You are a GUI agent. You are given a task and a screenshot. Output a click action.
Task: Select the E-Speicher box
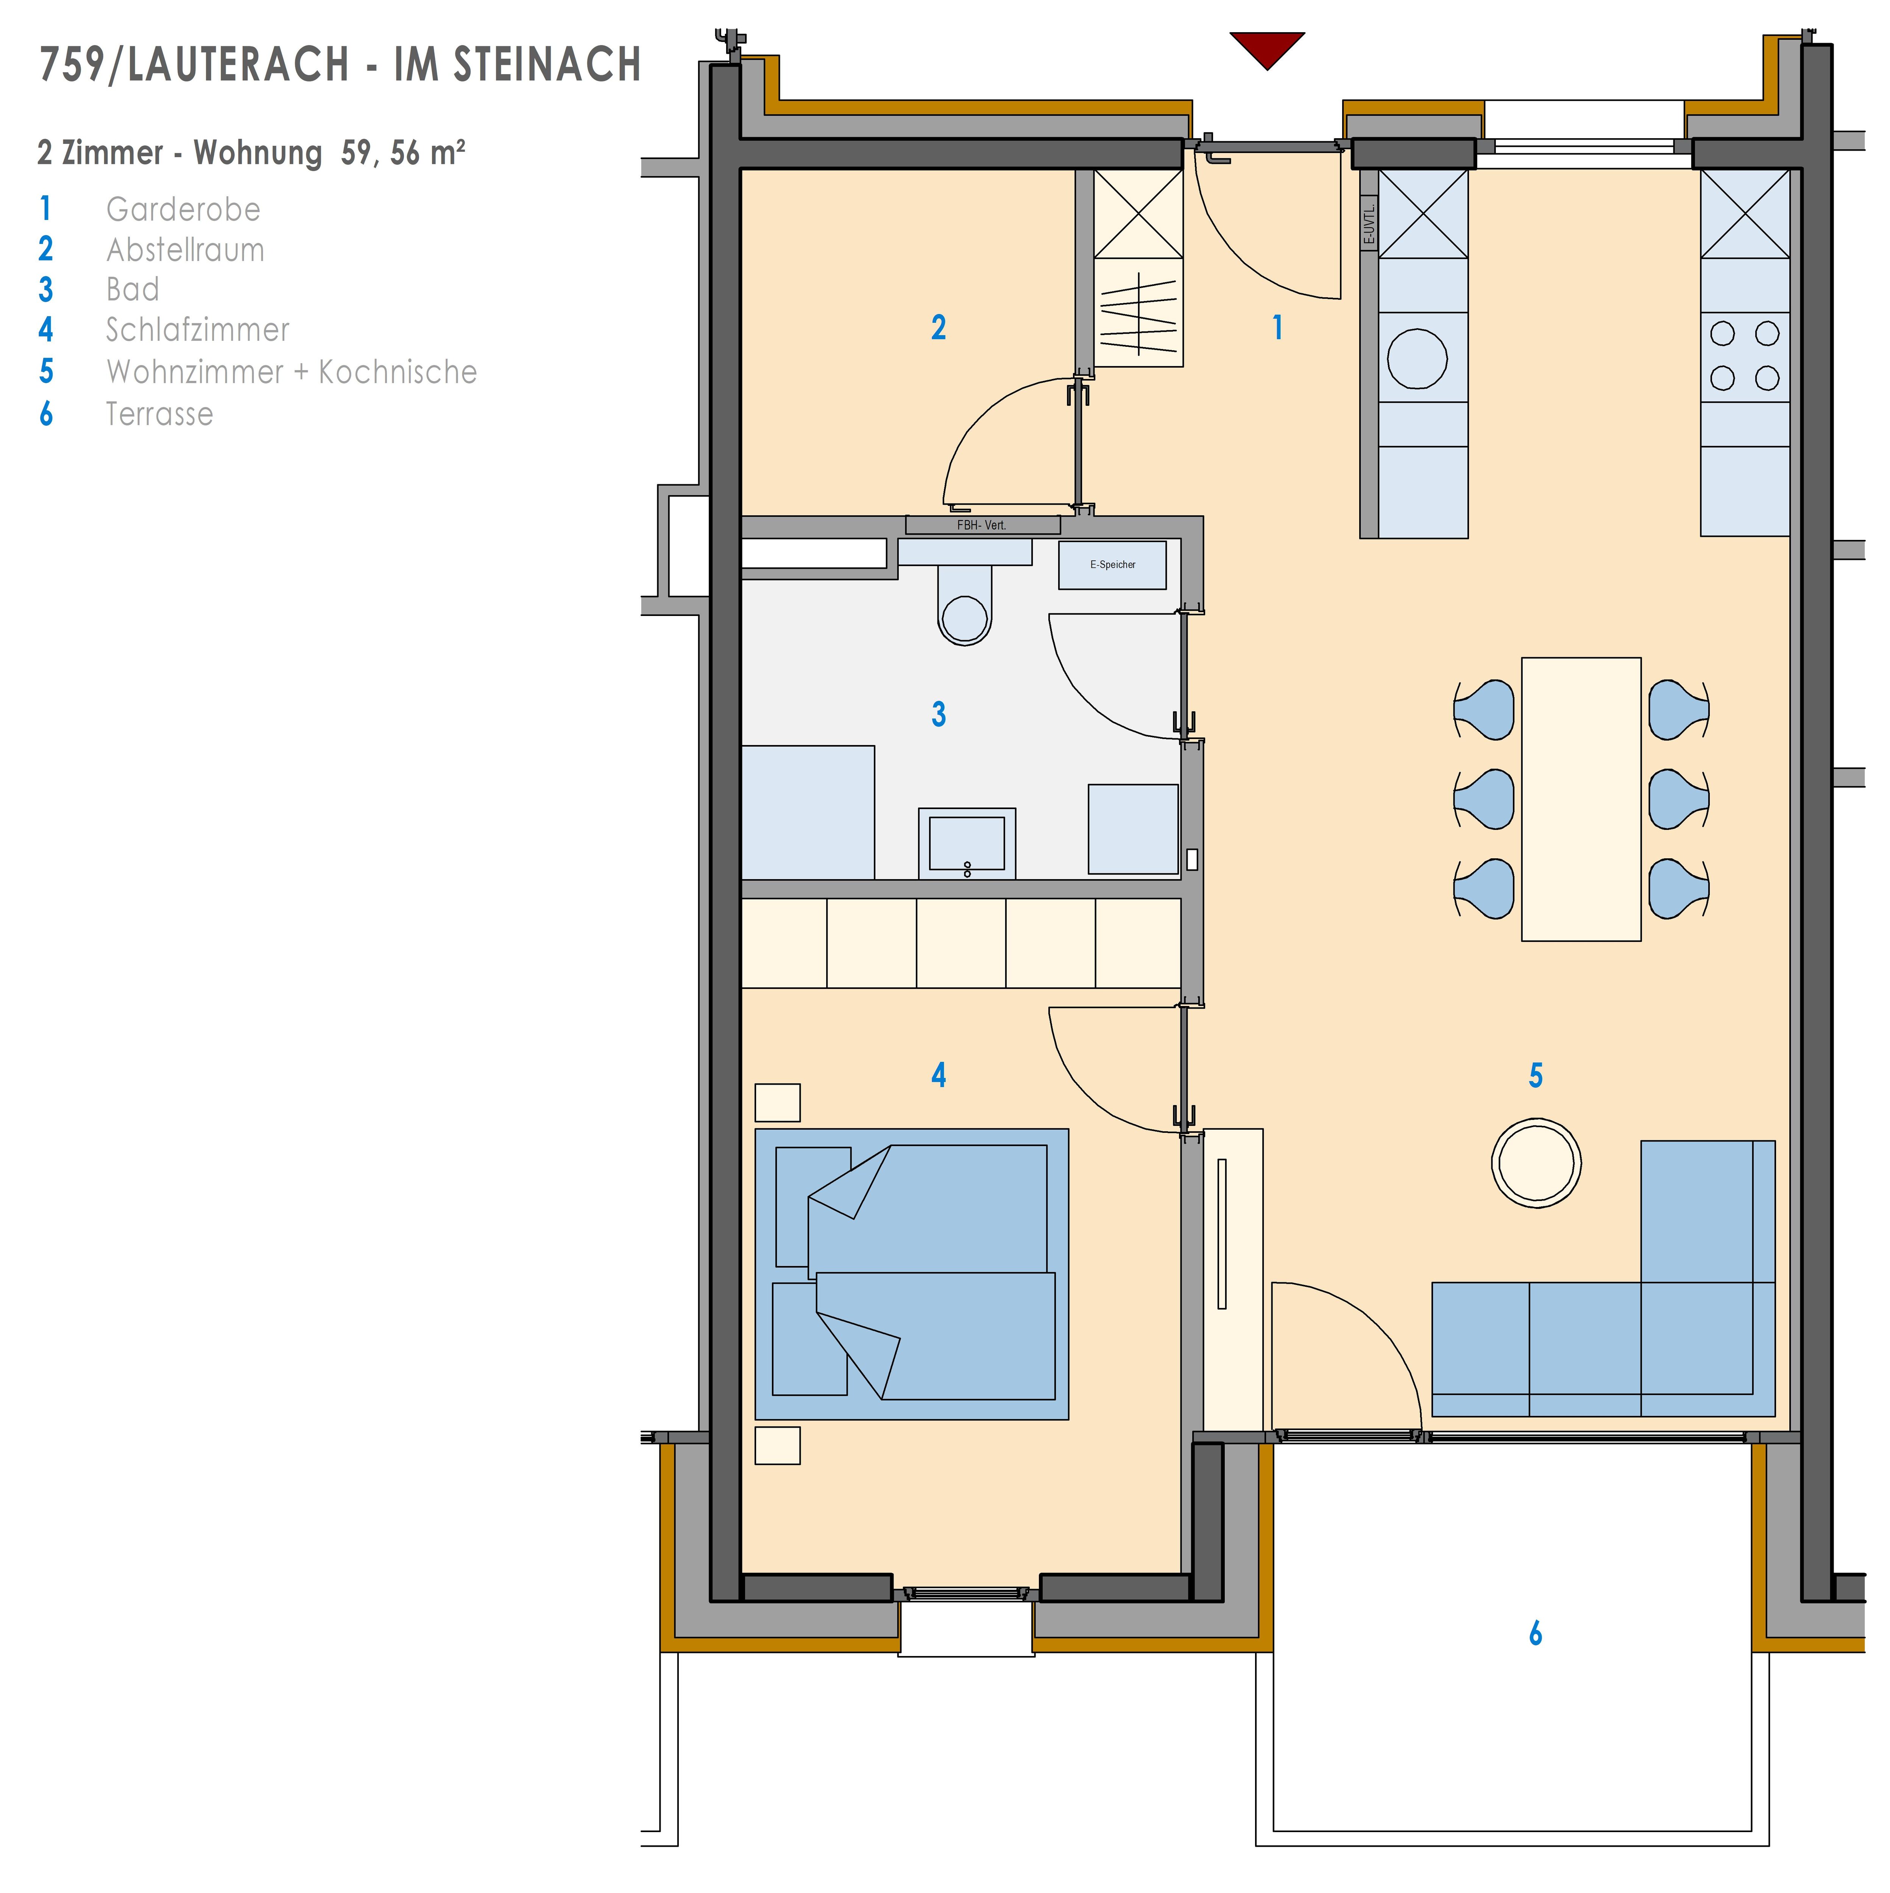click(x=1112, y=565)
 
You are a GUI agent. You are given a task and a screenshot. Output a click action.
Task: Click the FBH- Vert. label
click(x=982, y=525)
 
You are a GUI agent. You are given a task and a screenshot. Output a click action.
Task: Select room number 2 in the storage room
click(x=939, y=327)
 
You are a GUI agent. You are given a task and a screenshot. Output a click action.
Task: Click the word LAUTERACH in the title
click(x=238, y=65)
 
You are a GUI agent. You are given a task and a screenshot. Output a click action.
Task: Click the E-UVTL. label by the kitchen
click(x=1369, y=222)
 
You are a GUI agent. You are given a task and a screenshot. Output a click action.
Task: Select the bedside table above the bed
click(x=778, y=1102)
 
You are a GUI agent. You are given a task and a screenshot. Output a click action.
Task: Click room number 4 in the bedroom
click(x=939, y=1076)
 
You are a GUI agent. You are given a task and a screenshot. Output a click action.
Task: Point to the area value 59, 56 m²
click(x=403, y=153)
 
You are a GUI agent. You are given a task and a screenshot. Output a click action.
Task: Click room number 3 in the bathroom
click(x=939, y=714)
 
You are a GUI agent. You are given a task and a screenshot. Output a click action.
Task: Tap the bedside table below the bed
click(x=778, y=1445)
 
